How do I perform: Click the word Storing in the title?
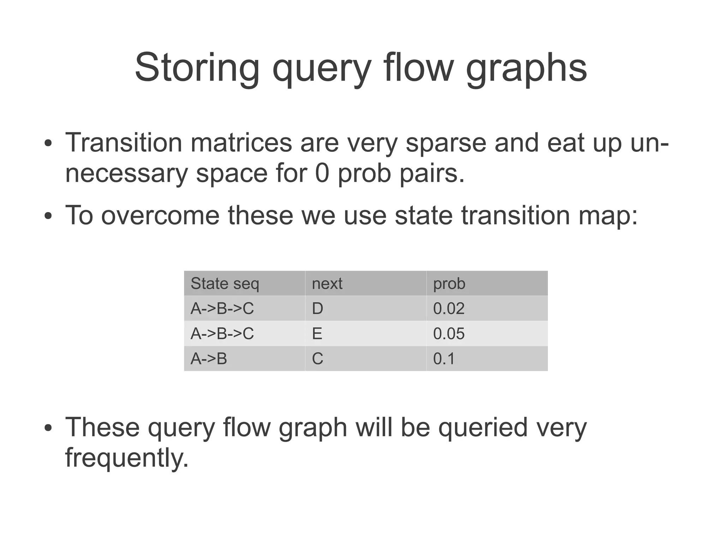point(197,68)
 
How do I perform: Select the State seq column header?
point(225,284)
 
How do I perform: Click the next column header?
point(327,284)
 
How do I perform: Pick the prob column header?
point(449,284)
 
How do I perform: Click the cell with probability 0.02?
point(448,309)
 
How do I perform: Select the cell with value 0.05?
point(448,334)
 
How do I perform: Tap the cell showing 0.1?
point(444,359)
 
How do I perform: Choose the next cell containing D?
point(317,309)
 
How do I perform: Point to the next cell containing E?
point(317,334)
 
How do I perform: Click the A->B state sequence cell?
point(209,359)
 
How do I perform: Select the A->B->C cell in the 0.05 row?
point(222,334)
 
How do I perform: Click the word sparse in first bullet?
point(446,143)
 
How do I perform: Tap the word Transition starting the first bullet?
point(124,143)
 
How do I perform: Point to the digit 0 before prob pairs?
point(322,174)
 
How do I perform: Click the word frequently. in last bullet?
point(127,458)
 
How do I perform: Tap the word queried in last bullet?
point(483,427)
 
